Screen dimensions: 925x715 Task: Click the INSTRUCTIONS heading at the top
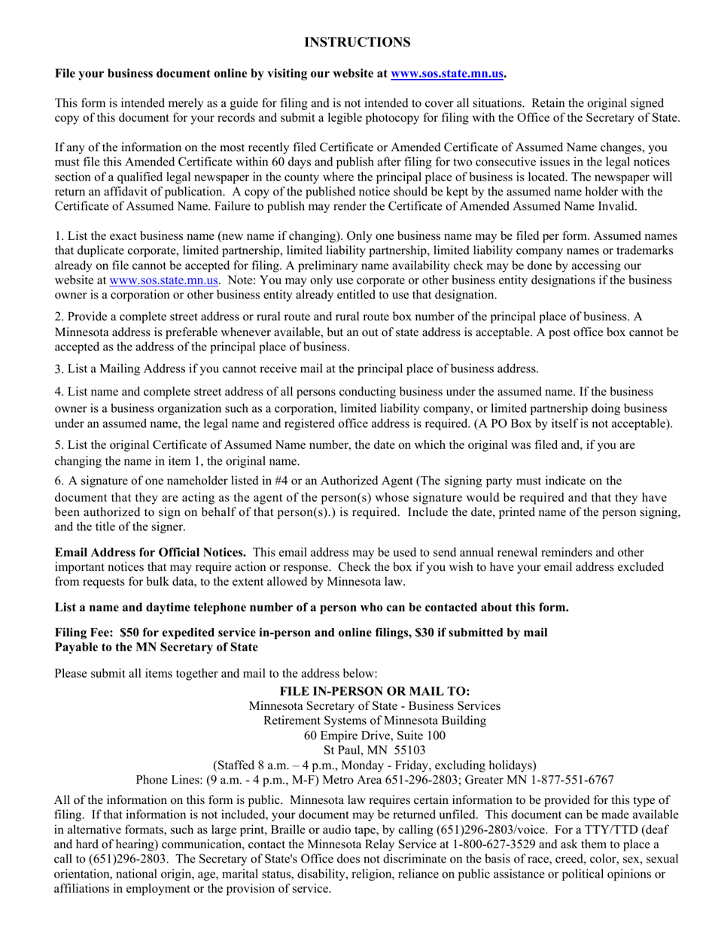(x=357, y=42)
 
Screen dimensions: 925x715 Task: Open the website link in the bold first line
(x=447, y=74)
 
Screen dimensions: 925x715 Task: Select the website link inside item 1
(x=164, y=280)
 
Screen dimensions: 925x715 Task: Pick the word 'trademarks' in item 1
(x=645, y=250)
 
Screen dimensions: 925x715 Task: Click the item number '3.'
(x=59, y=369)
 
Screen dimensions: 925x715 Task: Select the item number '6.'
(x=59, y=481)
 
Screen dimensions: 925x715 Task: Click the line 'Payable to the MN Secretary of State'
(x=157, y=647)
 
